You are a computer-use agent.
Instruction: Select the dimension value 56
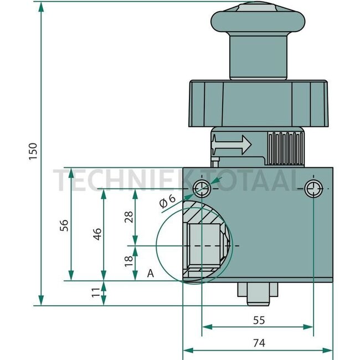(64, 224)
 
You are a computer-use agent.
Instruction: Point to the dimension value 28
(128, 217)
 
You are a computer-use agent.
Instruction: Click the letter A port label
(150, 272)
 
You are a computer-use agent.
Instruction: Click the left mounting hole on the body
(202, 189)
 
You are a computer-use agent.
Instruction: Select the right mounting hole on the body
(313, 189)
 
